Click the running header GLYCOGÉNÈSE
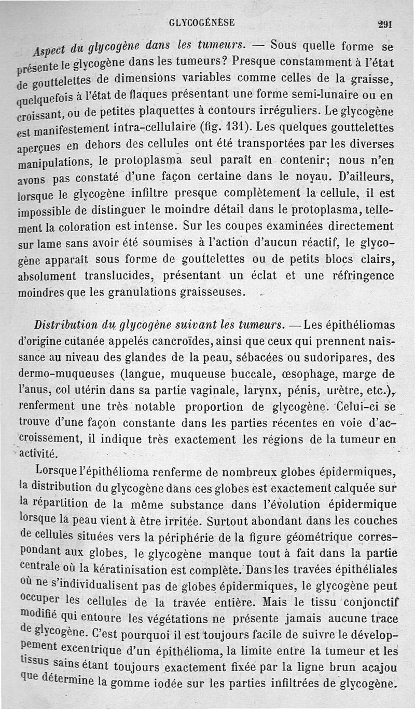[202, 22]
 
